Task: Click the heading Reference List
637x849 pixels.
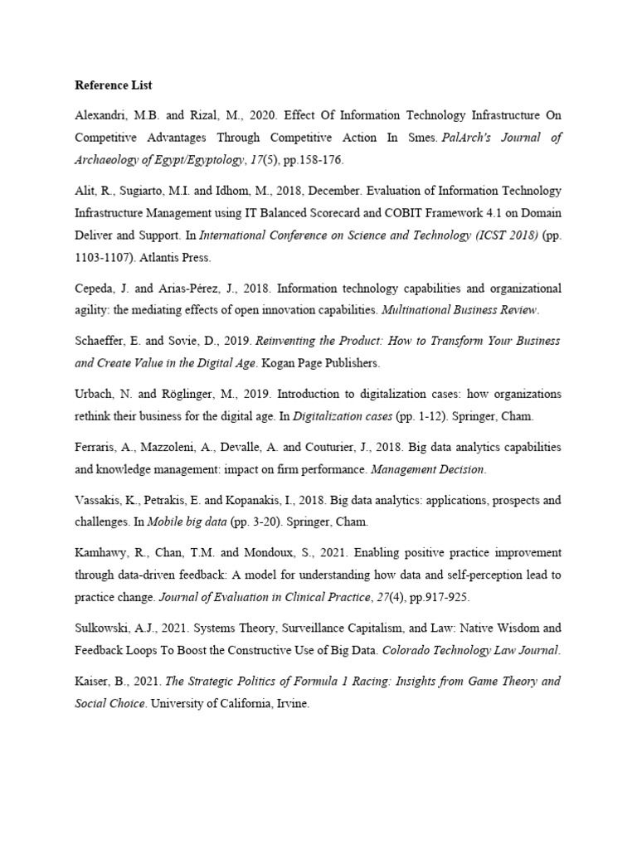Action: coord(114,85)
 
